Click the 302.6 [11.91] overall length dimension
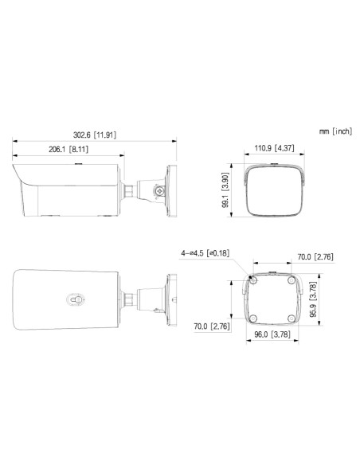coord(94,135)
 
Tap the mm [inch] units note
coord(334,130)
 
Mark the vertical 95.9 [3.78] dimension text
coord(312,296)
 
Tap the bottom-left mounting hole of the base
coord(252,317)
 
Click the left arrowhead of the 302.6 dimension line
coord(16,141)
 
